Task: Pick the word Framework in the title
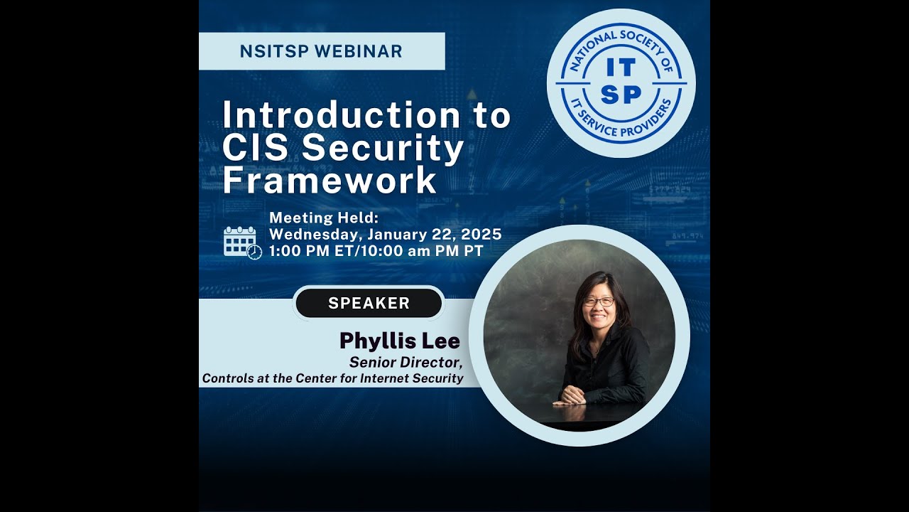[x=329, y=181]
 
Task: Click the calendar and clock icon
[x=242, y=242]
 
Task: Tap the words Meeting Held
[x=325, y=218]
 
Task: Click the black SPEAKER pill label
[x=369, y=303]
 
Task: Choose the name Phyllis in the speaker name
[x=375, y=341]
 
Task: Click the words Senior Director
[x=405, y=362]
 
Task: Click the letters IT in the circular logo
[x=621, y=67]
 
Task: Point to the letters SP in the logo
[x=621, y=95]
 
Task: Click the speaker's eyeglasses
[x=598, y=302]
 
